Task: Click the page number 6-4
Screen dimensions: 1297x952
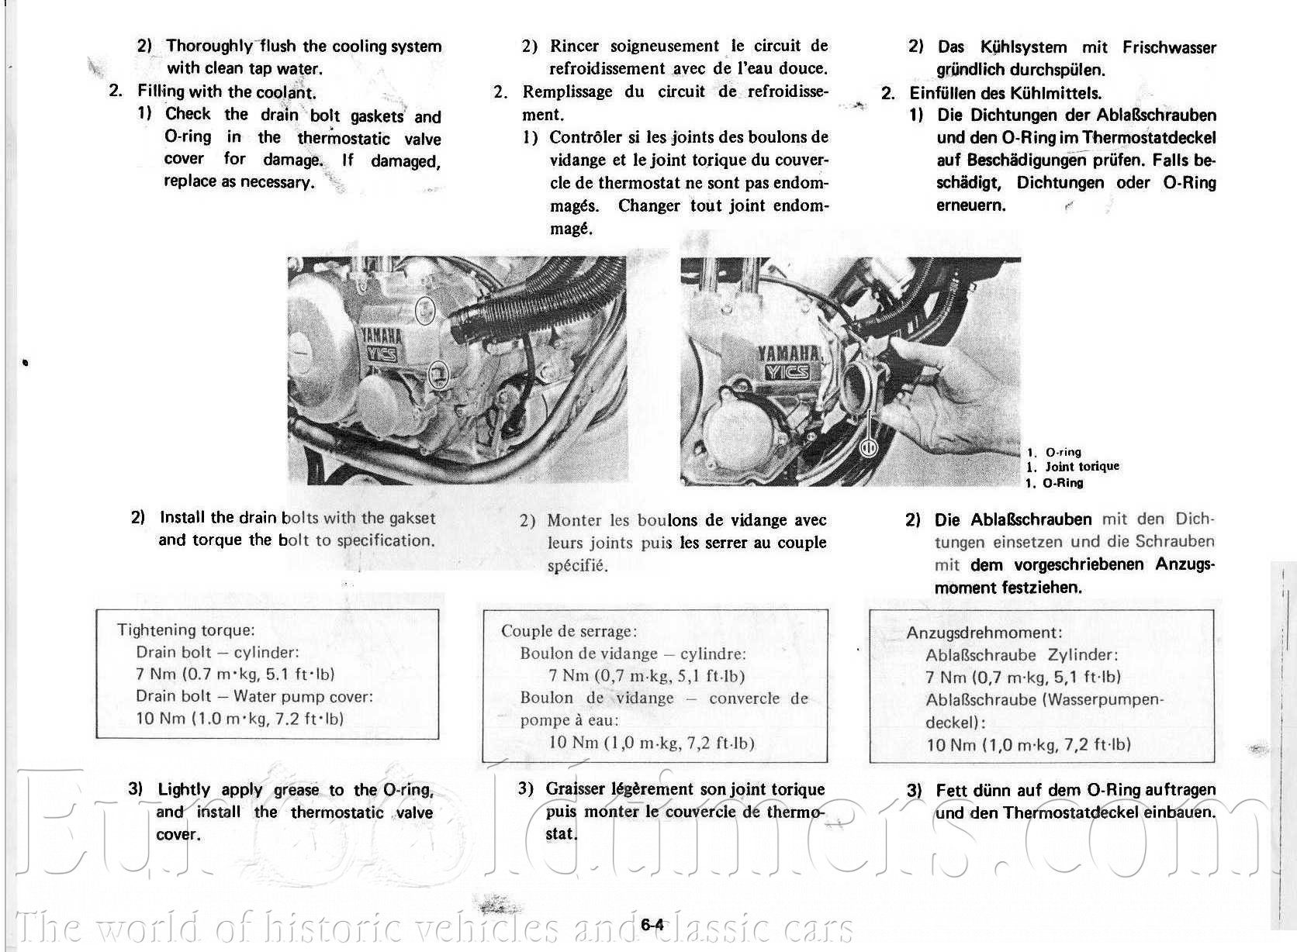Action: click(652, 925)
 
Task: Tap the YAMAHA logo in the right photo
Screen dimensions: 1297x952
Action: click(789, 354)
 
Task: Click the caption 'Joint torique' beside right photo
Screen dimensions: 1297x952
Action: click(1082, 467)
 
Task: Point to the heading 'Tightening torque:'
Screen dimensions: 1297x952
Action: click(186, 629)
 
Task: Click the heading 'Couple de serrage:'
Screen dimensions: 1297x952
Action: click(569, 631)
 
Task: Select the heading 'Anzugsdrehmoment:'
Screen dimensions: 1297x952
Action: click(984, 633)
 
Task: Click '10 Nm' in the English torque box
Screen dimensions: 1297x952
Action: click(161, 718)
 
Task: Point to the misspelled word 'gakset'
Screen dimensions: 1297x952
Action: click(412, 518)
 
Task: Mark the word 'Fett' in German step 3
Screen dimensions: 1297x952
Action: click(949, 791)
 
